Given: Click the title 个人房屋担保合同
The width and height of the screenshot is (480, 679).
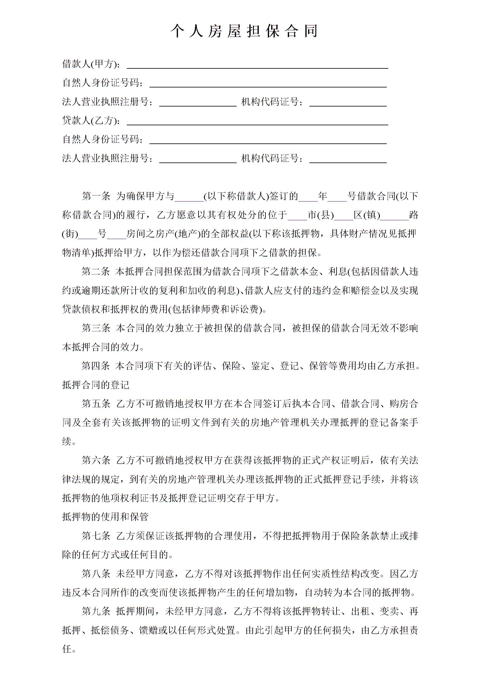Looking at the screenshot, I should (244, 31).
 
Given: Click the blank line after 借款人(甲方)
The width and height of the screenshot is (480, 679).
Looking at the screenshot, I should (257, 66).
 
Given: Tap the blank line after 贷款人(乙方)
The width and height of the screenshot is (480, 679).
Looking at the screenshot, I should (257, 123).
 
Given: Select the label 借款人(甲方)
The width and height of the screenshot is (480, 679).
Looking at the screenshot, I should (91, 64).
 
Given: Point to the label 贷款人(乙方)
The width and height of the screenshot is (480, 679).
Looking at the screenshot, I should (91, 120).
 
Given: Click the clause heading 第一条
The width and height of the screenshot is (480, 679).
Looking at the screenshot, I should (96, 196).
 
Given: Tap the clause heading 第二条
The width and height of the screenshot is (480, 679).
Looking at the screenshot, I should (96, 271).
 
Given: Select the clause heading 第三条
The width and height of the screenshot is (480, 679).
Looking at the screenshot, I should (96, 328).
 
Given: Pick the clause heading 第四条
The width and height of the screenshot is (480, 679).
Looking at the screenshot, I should (96, 366).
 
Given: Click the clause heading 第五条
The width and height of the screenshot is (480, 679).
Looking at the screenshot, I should (96, 404).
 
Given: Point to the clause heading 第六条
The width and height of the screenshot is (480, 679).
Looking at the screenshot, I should (96, 460).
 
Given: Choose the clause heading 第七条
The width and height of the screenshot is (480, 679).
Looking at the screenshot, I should (96, 536).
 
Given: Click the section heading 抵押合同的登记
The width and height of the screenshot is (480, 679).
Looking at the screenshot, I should (96, 385).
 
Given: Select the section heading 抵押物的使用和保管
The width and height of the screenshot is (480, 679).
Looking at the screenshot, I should (105, 517).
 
